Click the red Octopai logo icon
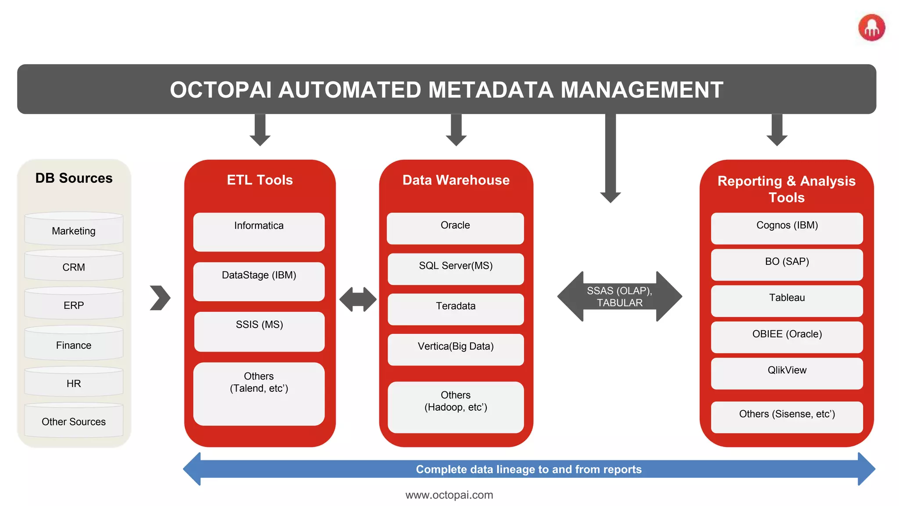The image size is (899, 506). (x=872, y=28)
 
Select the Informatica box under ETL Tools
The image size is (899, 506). (x=259, y=232)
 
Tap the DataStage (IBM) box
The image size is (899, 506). (x=259, y=281)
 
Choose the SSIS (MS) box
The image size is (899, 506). (x=259, y=331)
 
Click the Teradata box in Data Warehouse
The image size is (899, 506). (x=456, y=309)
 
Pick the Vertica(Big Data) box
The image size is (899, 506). (x=456, y=350)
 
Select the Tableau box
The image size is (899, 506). (x=787, y=301)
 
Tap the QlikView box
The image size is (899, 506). (x=787, y=373)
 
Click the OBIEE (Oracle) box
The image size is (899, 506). (x=787, y=337)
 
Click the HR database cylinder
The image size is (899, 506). (x=74, y=382)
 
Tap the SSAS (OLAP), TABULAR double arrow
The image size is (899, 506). (x=619, y=296)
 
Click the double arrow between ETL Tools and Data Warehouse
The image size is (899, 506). (x=358, y=300)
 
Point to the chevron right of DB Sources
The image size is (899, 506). (x=160, y=298)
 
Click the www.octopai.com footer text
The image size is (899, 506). (x=449, y=495)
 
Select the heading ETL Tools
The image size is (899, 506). (x=259, y=180)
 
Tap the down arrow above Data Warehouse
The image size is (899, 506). (x=456, y=130)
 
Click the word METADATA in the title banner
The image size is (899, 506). (x=490, y=90)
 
